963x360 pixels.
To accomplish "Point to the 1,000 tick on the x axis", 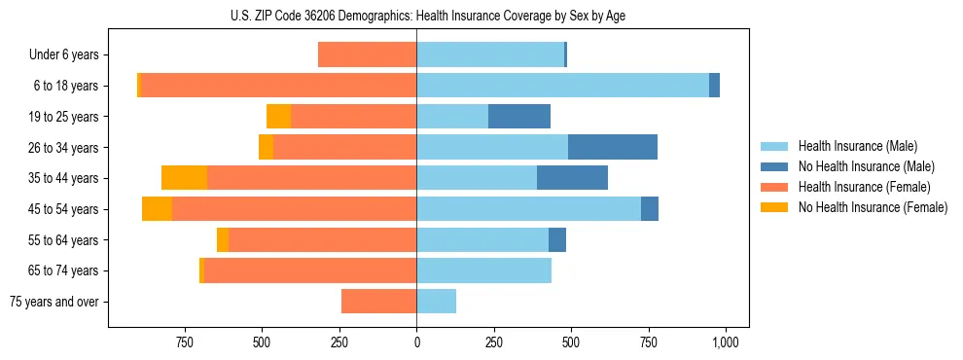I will [725, 342].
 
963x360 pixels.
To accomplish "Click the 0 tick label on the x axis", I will [416, 342].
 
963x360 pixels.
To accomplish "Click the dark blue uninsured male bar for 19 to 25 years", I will [519, 117].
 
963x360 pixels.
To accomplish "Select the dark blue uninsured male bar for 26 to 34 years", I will [613, 147].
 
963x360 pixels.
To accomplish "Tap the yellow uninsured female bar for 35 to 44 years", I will [184, 178].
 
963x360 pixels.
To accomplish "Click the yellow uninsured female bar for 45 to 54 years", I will [157, 209].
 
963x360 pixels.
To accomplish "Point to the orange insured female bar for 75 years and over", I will [378, 302].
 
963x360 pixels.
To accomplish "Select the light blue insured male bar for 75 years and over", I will [436, 302].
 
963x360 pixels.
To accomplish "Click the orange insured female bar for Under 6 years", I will [367, 55].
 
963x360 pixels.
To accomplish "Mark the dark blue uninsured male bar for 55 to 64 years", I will [557, 240].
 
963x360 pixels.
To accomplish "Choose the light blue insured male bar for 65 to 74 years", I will [483, 270].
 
